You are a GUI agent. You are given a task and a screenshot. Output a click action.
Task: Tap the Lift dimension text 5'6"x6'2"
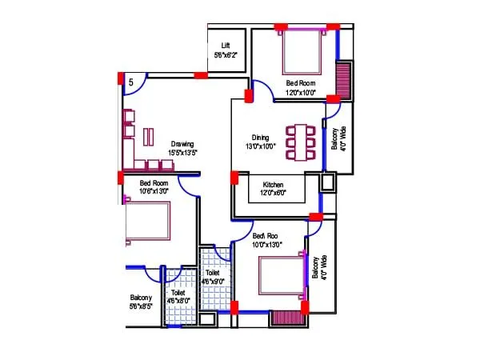(x=226, y=55)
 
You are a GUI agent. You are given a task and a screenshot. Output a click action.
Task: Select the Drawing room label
(x=182, y=144)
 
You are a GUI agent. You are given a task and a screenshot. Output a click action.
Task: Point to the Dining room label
(x=260, y=138)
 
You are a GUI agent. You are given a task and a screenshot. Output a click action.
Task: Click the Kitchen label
(x=273, y=185)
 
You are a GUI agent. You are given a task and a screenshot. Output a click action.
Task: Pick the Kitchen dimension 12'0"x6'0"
(x=273, y=193)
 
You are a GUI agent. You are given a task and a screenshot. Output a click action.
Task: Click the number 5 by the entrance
(x=131, y=82)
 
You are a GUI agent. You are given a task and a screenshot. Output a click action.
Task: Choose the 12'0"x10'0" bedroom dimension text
(x=301, y=93)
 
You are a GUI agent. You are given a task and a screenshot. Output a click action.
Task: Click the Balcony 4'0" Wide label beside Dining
(x=338, y=143)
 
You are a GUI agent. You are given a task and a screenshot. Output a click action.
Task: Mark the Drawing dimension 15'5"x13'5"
(x=182, y=152)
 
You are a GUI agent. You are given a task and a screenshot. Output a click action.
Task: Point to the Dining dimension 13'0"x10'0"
(x=260, y=146)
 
